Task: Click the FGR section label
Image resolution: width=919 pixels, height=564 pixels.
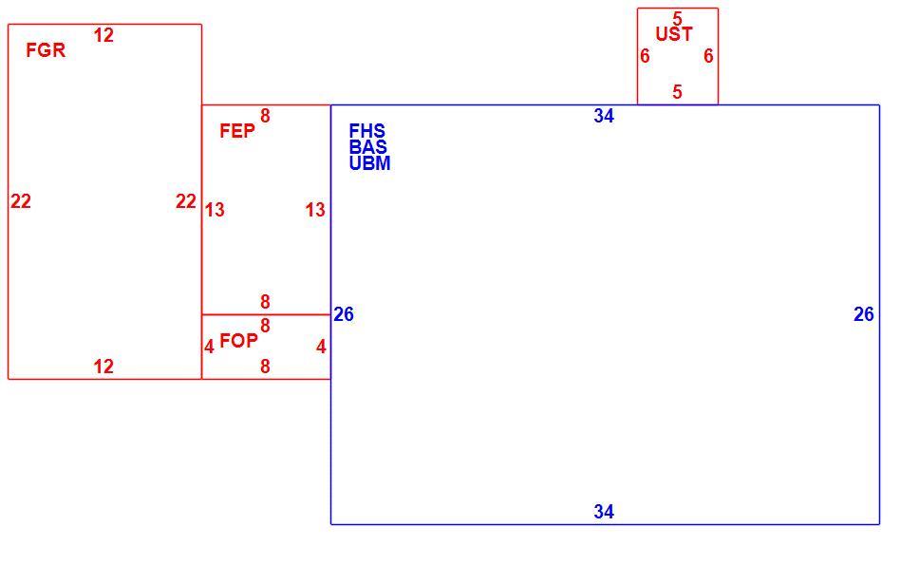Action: tap(46, 50)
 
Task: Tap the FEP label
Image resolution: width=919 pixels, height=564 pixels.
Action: tap(237, 131)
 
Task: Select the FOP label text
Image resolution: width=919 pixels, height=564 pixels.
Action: tap(238, 341)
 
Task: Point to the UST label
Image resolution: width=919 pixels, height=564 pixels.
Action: tap(674, 34)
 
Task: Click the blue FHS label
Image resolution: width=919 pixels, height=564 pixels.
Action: tap(366, 131)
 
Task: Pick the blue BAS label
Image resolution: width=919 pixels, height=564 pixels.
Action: tap(368, 146)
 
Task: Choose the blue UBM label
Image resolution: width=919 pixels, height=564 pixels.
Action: tap(370, 163)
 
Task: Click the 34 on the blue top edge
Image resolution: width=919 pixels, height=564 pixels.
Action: tap(604, 116)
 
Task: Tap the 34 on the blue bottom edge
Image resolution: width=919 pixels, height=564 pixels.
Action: tap(604, 512)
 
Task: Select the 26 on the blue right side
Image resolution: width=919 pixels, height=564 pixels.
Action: tap(864, 315)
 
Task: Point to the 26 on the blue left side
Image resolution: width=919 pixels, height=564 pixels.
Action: tap(344, 315)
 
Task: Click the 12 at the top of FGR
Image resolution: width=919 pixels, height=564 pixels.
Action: tap(103, 35)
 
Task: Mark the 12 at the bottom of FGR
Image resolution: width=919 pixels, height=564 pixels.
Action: tap(103, 367)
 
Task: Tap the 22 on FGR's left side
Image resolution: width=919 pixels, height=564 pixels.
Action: tap(21, 201)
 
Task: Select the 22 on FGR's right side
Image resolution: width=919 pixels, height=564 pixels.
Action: tap(186, 201)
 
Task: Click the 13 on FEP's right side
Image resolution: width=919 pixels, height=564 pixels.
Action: tap(315, 210)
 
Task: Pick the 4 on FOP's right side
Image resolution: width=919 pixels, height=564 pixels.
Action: tap(321, 348)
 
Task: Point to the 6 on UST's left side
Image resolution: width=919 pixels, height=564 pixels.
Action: tap(645, 56)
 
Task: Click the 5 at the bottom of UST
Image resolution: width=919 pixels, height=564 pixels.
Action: tap(678, 92)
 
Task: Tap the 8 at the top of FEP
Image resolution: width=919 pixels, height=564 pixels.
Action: tap(266, 116)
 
